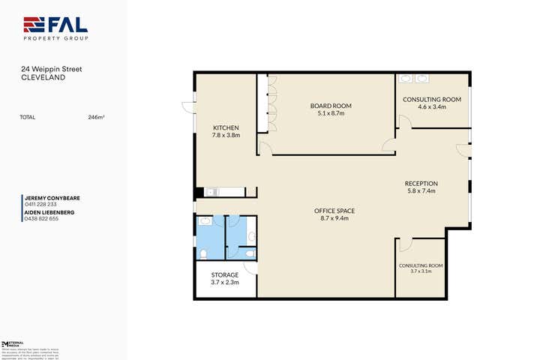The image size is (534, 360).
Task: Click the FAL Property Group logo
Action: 55,28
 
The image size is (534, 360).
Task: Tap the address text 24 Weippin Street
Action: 51,69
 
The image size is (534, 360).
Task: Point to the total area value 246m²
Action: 96,117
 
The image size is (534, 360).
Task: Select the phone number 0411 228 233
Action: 41,204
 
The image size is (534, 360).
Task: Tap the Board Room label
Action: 331,106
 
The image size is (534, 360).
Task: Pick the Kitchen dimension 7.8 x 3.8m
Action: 226,135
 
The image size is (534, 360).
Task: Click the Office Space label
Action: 334,211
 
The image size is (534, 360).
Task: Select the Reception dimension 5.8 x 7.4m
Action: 421,190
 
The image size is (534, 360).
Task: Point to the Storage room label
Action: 225,275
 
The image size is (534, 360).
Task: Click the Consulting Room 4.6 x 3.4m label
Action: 431,100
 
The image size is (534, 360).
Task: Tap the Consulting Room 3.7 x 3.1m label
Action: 421,266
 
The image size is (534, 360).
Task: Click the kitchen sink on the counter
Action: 211,192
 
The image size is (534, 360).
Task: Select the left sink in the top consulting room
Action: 406,77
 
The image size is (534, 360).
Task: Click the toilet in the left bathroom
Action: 204,253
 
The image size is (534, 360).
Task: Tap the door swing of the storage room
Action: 251,267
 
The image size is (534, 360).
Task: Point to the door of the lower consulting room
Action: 404,244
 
